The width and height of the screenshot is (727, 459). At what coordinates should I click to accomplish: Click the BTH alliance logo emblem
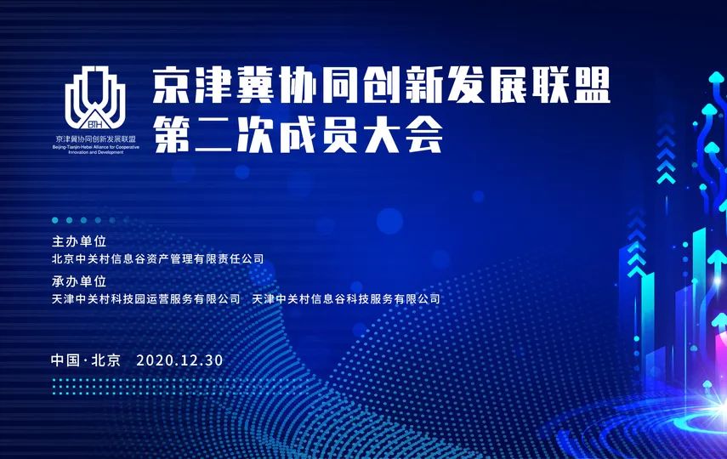(x=95, y=99)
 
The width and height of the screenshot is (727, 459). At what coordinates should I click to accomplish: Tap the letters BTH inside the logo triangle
(x=95, y=124)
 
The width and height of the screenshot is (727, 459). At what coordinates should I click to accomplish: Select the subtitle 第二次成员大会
(x=298, y=134)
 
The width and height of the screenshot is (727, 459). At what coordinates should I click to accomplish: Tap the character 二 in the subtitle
(x=213, y=134)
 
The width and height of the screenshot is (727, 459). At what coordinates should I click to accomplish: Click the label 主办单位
(x=79, y=241)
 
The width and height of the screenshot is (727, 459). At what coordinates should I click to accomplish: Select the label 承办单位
(x=79, y=281)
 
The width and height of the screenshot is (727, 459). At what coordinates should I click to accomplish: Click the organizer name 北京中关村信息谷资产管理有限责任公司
(x=157, y=258)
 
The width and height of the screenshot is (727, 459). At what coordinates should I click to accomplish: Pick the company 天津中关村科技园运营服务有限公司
(x=146, y=299)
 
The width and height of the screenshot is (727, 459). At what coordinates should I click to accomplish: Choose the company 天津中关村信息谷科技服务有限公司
(x=346, y=299)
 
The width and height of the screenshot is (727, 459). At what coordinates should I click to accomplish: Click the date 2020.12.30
(x=179, y=360)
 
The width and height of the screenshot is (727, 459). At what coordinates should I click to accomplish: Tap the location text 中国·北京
(x=86, y=360)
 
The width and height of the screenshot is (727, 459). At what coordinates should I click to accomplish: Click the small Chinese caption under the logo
(x=95, y=139)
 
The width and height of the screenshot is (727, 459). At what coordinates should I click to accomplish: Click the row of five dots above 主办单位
(x=83, y=220)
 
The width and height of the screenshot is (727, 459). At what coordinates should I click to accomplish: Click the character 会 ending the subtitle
(x=423, y=134)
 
